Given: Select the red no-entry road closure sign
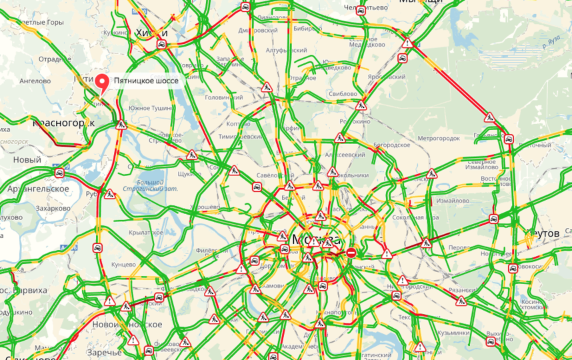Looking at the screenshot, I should point(351,252).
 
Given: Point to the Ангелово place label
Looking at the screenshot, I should point(35,81).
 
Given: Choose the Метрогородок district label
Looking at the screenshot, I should point(439,138).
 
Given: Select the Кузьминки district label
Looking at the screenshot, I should point(455,332).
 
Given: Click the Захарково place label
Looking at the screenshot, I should point(53,208).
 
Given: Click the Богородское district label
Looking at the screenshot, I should point(390,144).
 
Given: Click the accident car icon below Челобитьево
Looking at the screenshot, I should point(361,11).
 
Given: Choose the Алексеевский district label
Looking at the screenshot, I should point(345,155).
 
